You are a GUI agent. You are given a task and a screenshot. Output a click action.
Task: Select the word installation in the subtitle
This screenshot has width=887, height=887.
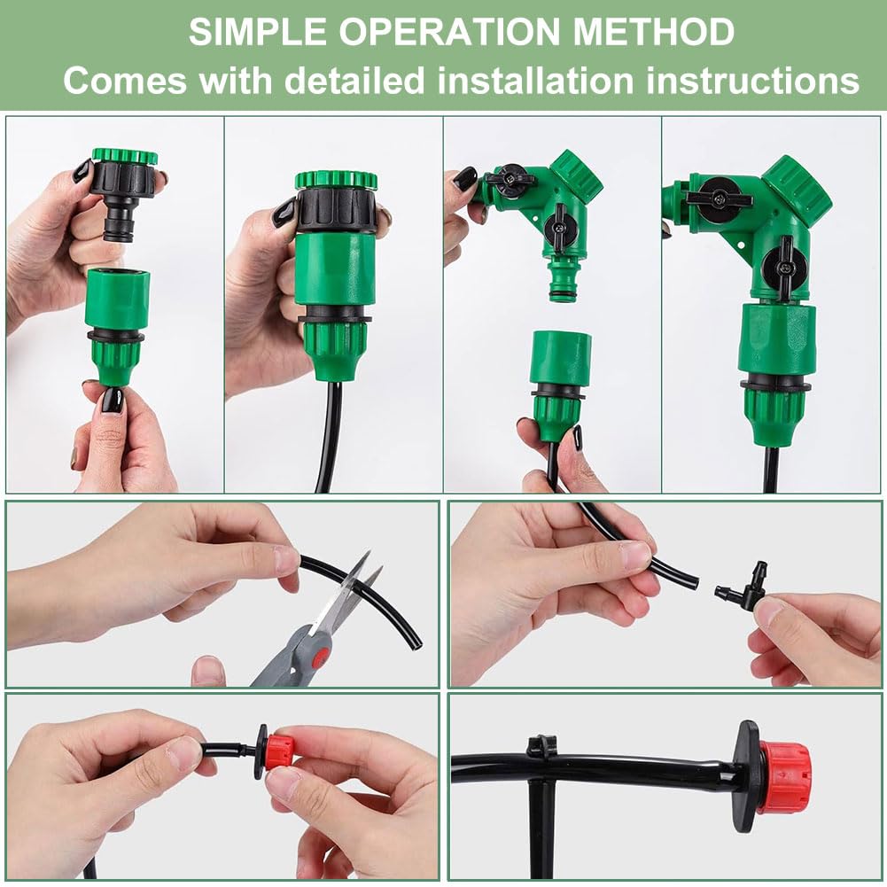[x=535, y=81]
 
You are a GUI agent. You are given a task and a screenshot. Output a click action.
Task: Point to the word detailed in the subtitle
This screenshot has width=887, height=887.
[x=354, y=81]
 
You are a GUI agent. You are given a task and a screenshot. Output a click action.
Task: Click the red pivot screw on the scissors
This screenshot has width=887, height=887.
[x=321, y=657]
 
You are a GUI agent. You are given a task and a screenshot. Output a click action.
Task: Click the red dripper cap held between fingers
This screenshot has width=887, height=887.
[x=280, y=751]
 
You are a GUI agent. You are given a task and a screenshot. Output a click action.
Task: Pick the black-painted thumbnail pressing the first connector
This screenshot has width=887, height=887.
[x=110, y=401]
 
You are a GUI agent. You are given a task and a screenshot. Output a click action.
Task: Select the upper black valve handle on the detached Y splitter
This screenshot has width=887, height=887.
[x=506, y=177]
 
